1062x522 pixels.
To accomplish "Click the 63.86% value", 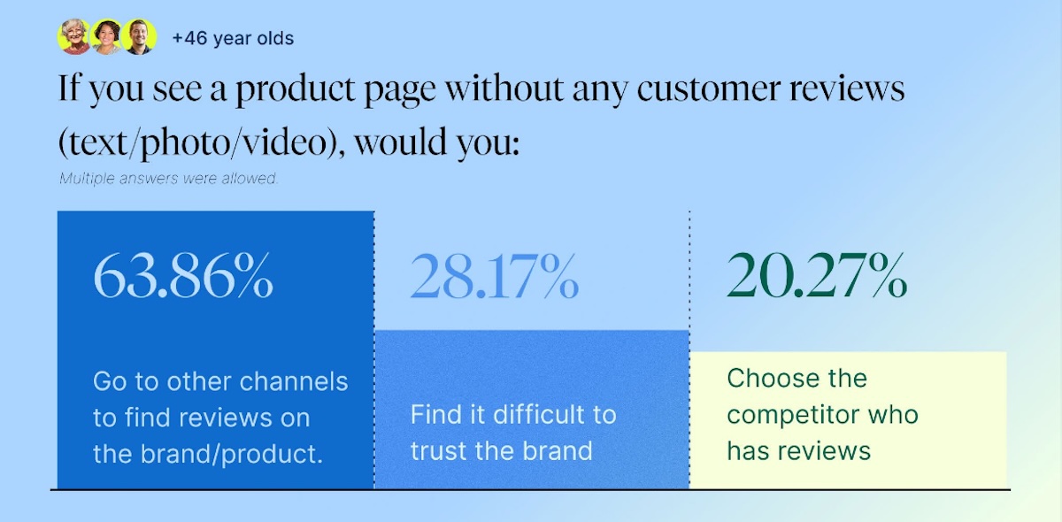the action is [183, 275].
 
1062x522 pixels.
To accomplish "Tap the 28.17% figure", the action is [495, 276].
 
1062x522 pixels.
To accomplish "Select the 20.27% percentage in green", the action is [817, 275].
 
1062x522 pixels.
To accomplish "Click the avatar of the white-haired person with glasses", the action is [74, 37].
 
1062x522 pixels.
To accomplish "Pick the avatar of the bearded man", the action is [139, 37].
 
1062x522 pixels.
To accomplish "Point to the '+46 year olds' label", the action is [233, 38].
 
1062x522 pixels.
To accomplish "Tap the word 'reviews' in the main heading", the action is [847, 88].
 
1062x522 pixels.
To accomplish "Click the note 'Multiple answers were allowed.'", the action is [168, 179].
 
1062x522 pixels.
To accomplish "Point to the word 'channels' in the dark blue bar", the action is [294, 381].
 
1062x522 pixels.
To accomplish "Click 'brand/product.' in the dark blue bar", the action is [232, 454].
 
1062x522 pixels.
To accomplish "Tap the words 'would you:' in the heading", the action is [436, 142].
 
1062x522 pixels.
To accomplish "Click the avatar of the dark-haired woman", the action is [107, 37].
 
